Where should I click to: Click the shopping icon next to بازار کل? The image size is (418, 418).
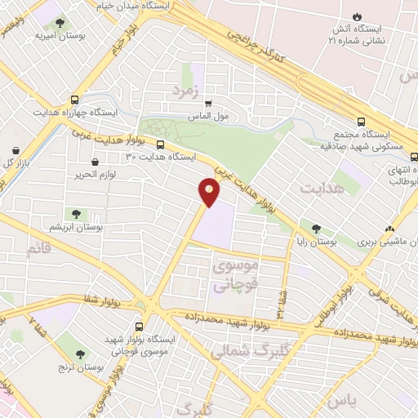pos(16,150)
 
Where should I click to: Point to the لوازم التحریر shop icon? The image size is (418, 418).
pos(96,162)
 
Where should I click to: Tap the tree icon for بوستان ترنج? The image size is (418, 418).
pos(80,354)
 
